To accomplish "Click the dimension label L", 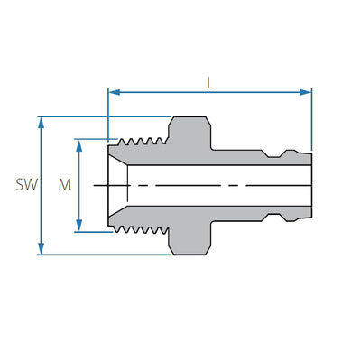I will tap(210, 81).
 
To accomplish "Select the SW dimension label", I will tap(25, 185).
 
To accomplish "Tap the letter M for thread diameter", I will tap(63, 185).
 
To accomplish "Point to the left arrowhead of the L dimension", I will tap(113, 90).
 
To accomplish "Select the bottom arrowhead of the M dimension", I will tap(78, 227).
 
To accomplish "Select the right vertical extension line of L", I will tap(311, 117).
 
